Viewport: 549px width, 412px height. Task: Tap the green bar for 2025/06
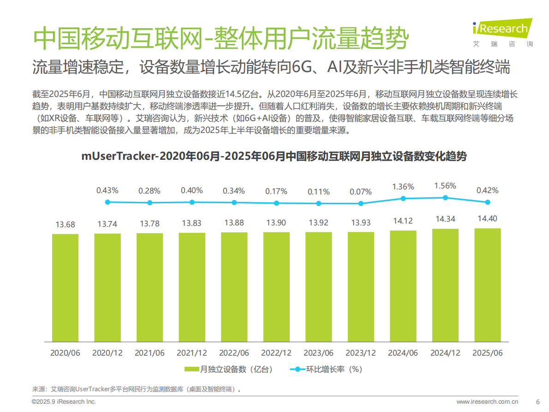(488, 285)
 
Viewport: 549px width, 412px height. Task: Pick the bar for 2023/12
(361, 286)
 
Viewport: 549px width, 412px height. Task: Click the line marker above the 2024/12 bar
(445, 197)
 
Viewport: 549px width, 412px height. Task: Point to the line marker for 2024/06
(403, 198)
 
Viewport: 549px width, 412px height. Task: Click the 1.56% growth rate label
(445, 186)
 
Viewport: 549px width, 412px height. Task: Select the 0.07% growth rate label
(361, 191)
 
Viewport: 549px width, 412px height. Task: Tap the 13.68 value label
(65, 224)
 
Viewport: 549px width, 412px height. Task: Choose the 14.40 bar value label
(488, 218)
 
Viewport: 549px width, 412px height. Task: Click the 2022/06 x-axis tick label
(234, 353)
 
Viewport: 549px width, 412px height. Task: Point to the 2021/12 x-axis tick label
(192, 353)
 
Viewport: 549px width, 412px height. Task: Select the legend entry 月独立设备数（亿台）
(228, 369)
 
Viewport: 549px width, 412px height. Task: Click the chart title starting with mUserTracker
(274, 156)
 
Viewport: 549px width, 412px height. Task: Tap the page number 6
(537, 401)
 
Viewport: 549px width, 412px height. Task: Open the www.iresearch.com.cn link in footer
(487, 401)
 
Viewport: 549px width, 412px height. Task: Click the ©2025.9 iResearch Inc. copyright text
(64, 401)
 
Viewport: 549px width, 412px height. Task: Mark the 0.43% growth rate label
(107, 190)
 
